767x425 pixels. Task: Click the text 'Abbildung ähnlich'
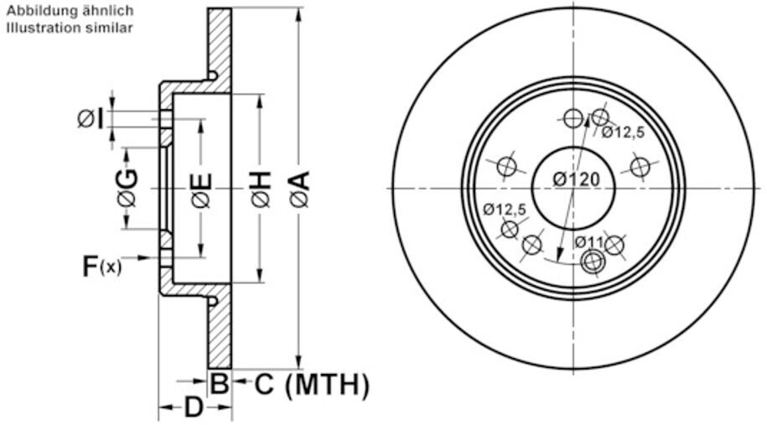pyautogui.click(x=70, y=12)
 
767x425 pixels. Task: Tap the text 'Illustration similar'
pyautogui.click(x=70, y=27)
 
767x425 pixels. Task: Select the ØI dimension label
pyautogui.click(x=91, y=119)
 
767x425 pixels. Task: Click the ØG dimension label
pyautogui.click(x=127, y=187)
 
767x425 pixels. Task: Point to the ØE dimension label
pyautogui.click(x=201, y=189)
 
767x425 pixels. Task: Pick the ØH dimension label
pyautogui.click(x=260, y=189)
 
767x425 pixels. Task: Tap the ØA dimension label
pyautogui.click(x=299, y=189)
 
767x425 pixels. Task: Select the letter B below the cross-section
pyautogui.click(x=219, y=385)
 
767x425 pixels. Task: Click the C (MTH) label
pyautogui.click(x=311, y=385)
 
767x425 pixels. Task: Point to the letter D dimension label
pyautogui.click(x=193, y=408)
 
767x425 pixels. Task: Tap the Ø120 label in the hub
pyautogui.click(x=576, y=179)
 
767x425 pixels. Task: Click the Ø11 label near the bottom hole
pyautogui.click(x=589, y=242)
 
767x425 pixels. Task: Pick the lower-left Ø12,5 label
pyautogui.click(x=505, y=209)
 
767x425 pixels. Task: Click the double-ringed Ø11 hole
pyautogui.click(x=592, y=262)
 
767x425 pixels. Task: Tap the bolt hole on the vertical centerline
pyautogui.click(x=573, y=119)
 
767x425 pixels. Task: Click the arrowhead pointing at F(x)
pyautogui.click(x=154, y=258)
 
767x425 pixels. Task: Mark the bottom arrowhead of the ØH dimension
pyautogui.click(x=260, y=279)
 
